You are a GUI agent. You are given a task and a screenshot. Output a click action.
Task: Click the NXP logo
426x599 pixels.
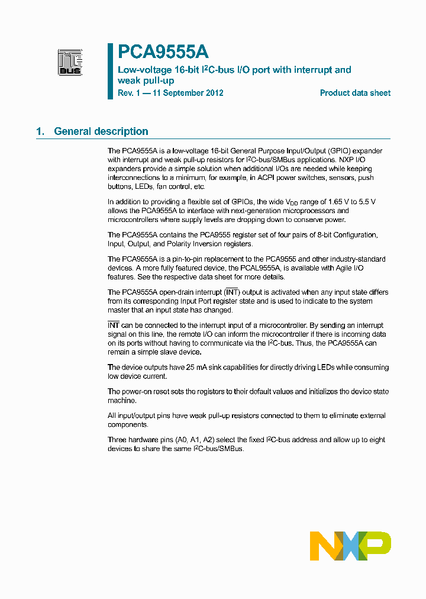350,546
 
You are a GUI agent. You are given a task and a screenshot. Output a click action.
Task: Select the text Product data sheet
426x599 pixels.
355,93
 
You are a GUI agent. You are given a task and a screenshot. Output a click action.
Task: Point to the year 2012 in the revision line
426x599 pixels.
214,93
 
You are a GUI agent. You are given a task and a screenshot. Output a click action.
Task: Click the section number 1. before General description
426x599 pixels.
40,131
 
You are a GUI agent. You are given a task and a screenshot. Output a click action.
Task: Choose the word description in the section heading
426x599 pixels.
121,131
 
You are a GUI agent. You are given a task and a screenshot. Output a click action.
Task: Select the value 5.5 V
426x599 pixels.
363,202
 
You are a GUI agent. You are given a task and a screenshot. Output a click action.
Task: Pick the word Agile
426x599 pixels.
350,268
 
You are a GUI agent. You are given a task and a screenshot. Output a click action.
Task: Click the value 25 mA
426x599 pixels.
198,368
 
